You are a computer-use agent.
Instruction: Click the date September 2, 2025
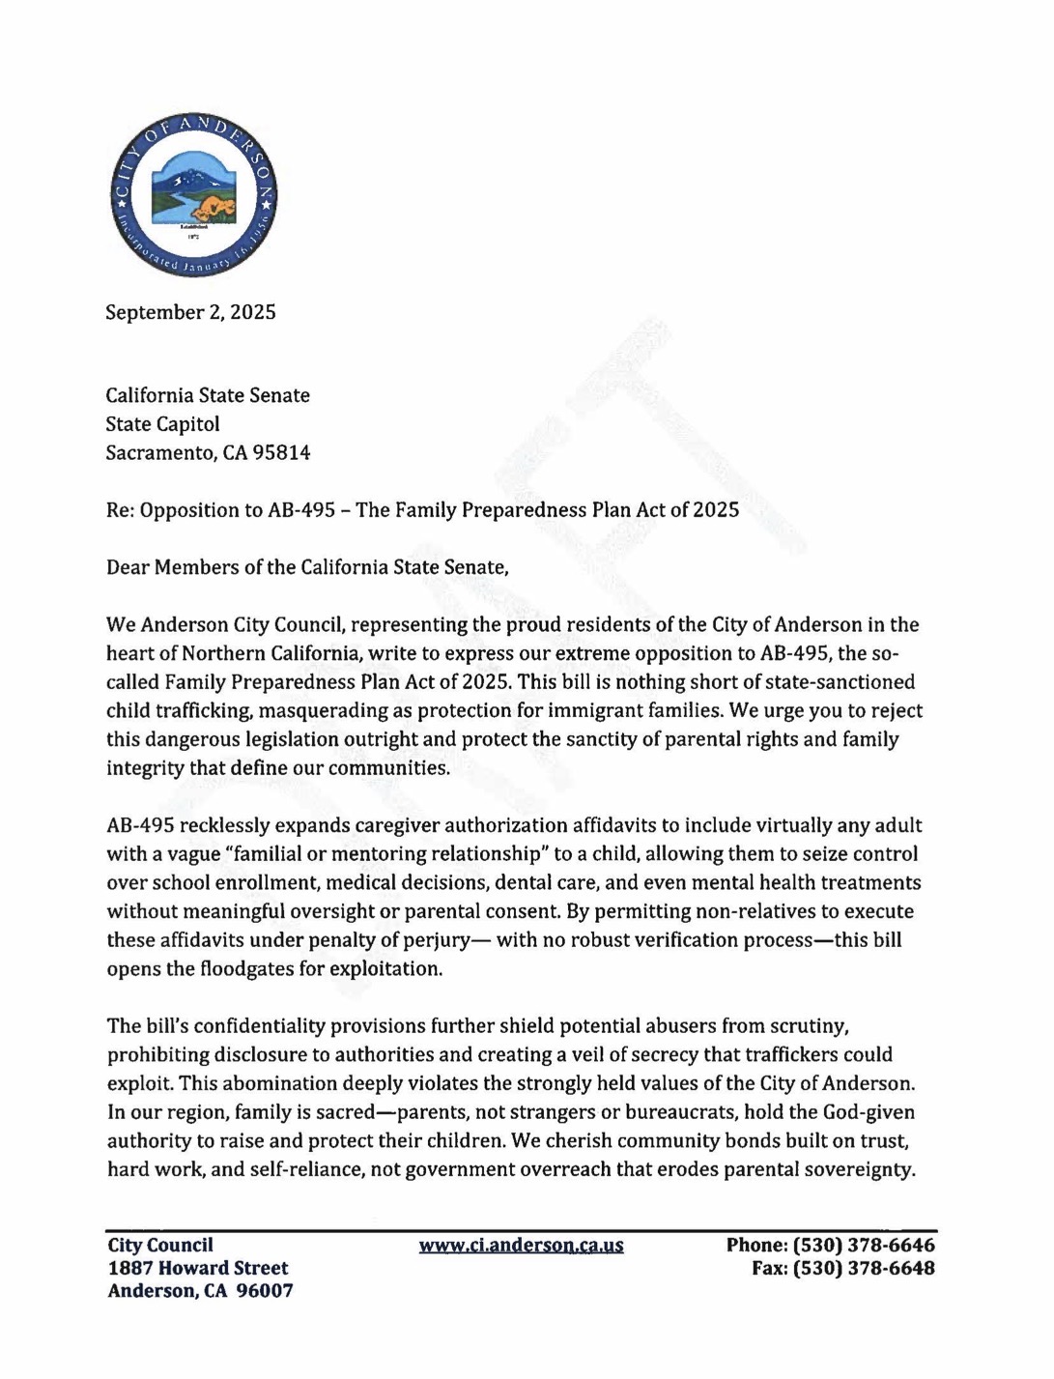point(190,312)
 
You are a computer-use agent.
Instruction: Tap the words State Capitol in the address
point(162,424)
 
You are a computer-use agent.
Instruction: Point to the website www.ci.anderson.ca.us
point(521,1246)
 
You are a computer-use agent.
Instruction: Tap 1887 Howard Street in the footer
point(197,1268)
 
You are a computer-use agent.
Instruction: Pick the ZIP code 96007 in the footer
point(265,1291)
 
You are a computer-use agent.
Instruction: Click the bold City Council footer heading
point(159,1246)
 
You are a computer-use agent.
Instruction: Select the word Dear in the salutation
point(128,567)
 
